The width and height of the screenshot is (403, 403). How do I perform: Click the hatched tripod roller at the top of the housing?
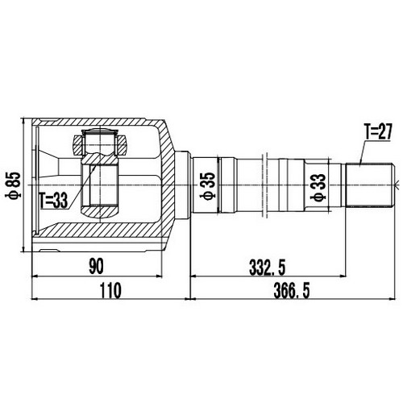[x=98, y=146]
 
